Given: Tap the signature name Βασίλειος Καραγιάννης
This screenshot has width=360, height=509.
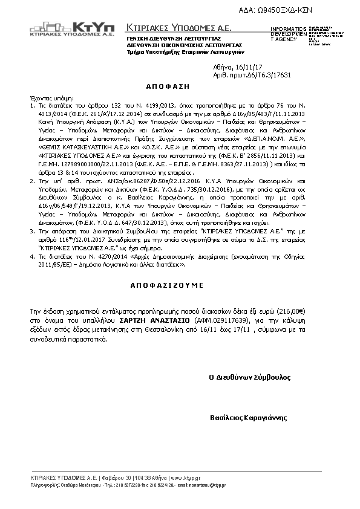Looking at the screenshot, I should pos(249,418).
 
